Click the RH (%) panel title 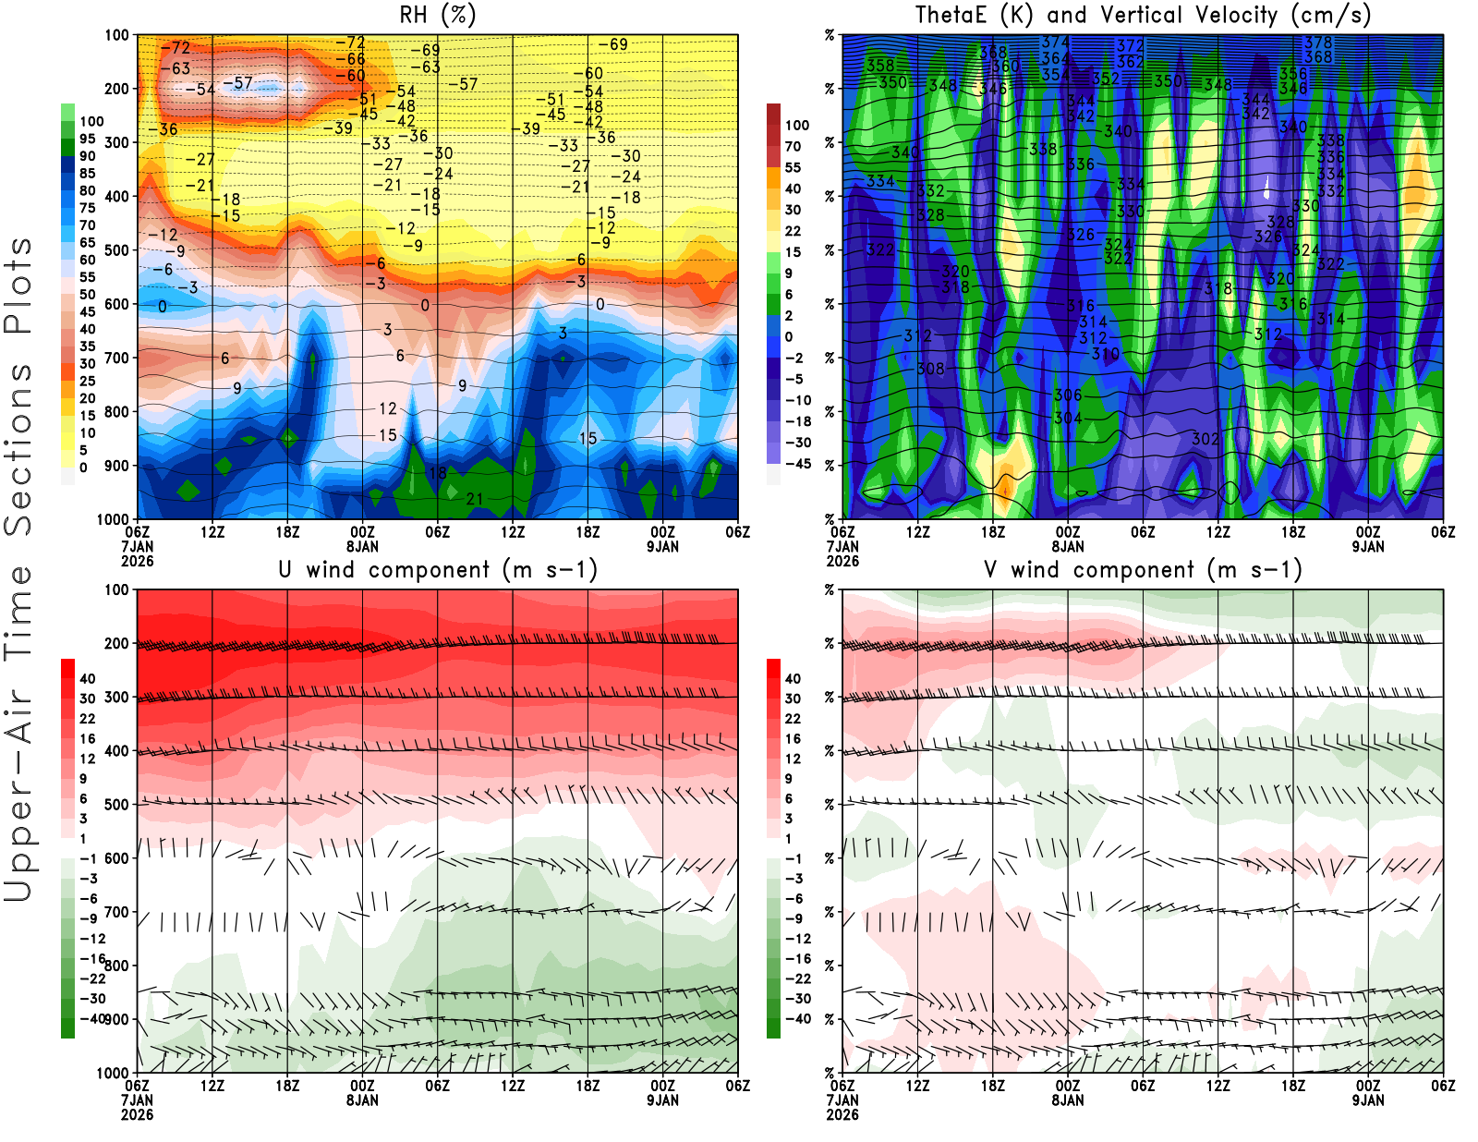coord(438,15)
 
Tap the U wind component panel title coord(438,569)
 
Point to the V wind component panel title coord(1143,569)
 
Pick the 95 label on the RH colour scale coord(87,139)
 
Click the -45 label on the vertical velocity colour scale coord(797,464)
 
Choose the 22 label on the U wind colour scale coord(87,718)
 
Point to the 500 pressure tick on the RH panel coord(117,249)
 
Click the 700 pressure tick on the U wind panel coord(117,912)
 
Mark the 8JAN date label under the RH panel coord(362,546)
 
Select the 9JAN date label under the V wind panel coord(1368,1100)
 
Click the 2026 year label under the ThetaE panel coord(842,561)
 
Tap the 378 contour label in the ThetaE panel coord(1318,43)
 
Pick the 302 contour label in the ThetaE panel coord(1205,439)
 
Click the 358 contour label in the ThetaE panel coord(880,66)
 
